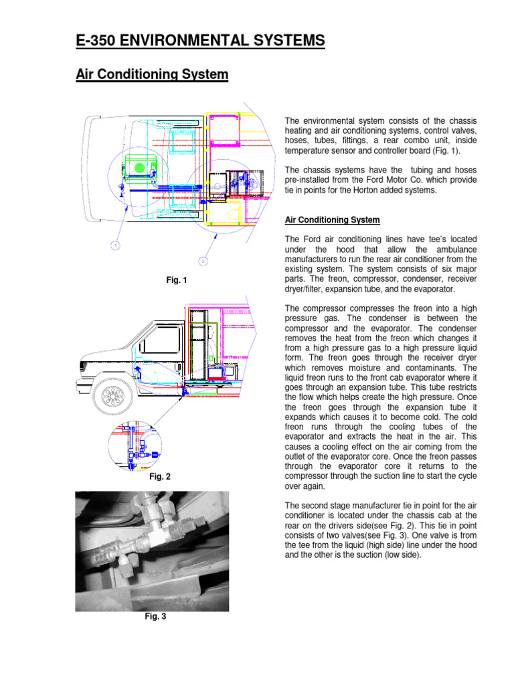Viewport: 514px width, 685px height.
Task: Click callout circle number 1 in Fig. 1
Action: (115, 246)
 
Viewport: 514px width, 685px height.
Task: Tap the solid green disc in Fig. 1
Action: (140, 167)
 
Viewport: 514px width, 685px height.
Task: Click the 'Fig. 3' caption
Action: (155, 617)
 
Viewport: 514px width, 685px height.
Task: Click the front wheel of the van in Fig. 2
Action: (109, 396)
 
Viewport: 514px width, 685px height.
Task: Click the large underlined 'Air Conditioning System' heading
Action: (152, 75)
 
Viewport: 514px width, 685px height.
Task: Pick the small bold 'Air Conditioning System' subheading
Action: (333, 220)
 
